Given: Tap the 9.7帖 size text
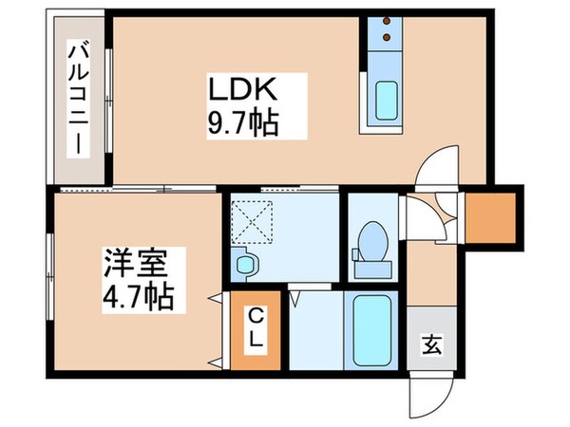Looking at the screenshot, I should pyautogui.click(x=243, y=123).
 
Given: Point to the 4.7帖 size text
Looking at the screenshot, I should pyautogui.click(x=138, y=293).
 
